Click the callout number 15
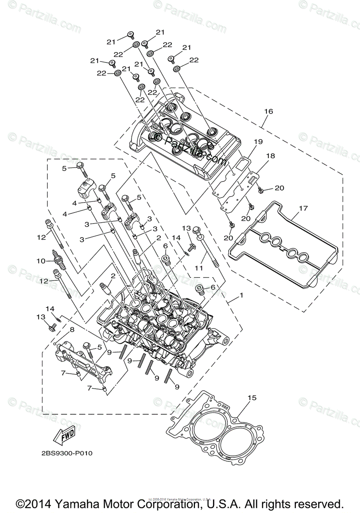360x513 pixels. pyautogui.click(x=252, y=398)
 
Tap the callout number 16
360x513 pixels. pyautogui.click(x=268, y=112)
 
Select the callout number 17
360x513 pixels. pyautogui.click(x=303, y=209)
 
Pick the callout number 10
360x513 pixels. pyautogui.click(x=41, y=260)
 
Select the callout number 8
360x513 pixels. pyautogui.click(x=72, y=330)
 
